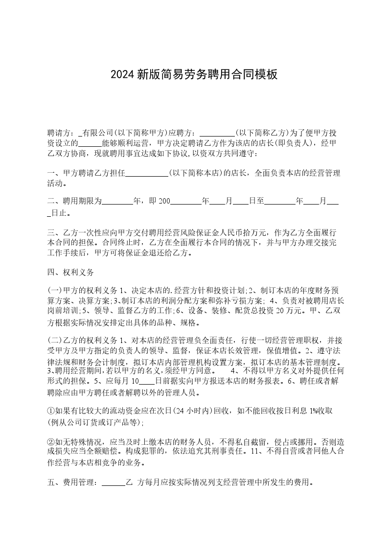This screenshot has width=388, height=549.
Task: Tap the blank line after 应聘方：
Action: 218,133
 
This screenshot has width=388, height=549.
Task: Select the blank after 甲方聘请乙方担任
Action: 147,173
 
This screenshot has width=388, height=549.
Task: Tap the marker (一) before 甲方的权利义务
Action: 54,290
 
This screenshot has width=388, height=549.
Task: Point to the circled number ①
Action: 50,411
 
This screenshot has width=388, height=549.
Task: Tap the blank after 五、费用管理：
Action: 114,482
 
